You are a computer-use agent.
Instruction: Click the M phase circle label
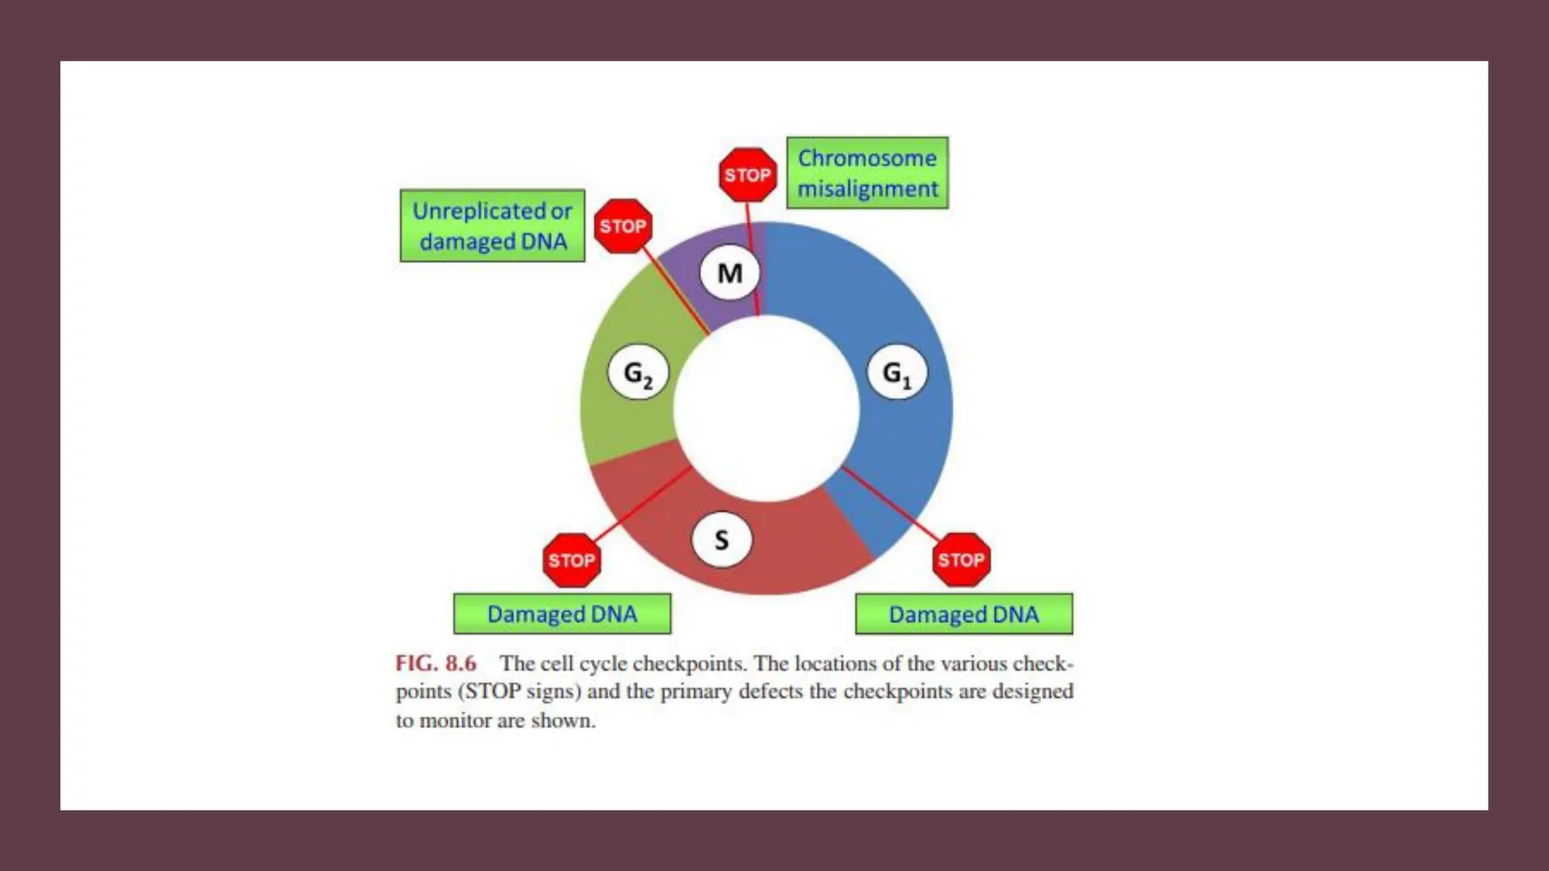click(729, 273)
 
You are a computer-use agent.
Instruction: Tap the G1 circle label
click(896, 373)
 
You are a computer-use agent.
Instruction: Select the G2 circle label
click(638, 373)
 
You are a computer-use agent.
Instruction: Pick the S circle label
click(722, 540)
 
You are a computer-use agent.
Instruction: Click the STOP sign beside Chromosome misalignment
click(747, 175)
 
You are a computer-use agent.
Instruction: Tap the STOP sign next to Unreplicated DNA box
click(622, 226)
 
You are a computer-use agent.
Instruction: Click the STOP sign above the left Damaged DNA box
click(572, 560)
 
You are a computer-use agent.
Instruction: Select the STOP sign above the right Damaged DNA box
click(961, 560)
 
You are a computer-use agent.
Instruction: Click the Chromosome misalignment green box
click(867, 173)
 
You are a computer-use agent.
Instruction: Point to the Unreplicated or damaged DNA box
click(492, 226)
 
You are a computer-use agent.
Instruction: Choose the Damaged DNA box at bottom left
click(562, 614)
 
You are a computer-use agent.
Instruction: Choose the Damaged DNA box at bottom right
click(964, 614)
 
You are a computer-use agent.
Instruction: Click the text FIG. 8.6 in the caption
click(436, 664)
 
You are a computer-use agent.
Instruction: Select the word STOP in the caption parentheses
click(492, 692)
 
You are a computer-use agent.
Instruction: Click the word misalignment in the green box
click(868, 189)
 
